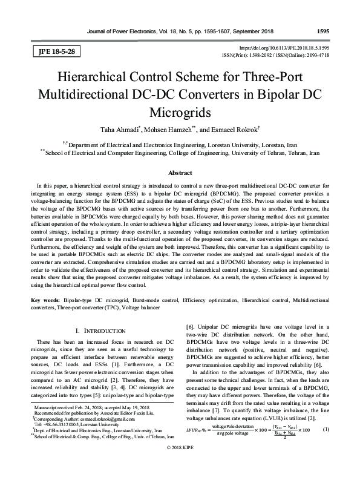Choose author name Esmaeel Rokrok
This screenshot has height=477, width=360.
(233, 129)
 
